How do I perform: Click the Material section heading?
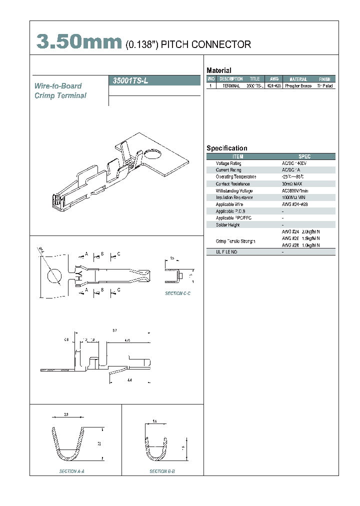point(218,70)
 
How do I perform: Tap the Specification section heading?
point(226,148)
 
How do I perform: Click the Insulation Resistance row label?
point(234,197)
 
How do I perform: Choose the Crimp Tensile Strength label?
point(235,241)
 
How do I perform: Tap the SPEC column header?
point(304,156)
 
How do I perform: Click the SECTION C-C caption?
point(177,293)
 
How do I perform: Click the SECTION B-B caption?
point(162,471)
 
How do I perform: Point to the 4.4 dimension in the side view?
point(129,380)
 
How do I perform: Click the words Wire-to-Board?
point(58,86)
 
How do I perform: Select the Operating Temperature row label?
point(235,177)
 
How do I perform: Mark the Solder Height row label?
point(227,225)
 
